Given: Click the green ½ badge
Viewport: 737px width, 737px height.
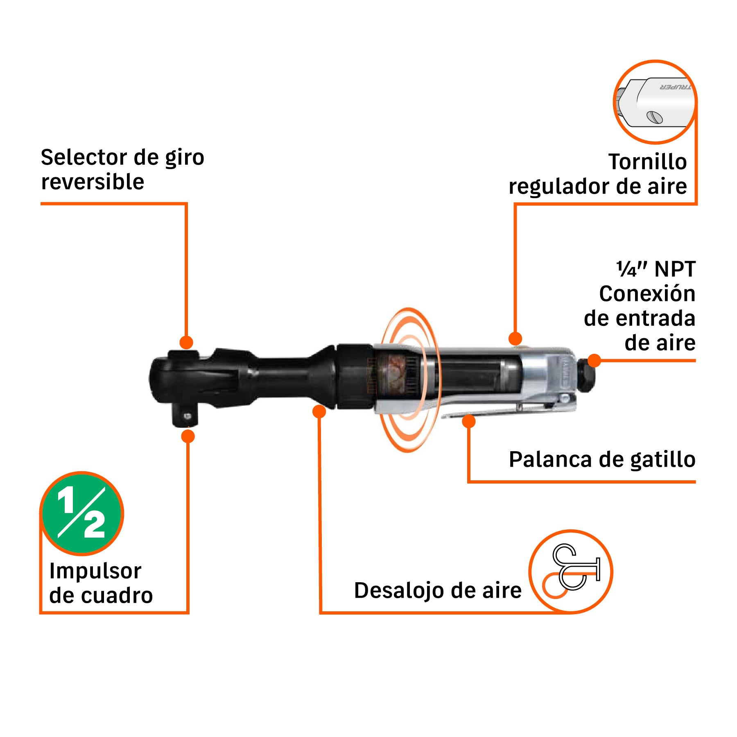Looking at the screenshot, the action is (x=82, y=513).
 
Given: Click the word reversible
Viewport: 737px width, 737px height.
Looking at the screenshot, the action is (x=93, y=182).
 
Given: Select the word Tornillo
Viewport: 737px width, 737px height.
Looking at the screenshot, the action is (x=647, y=162).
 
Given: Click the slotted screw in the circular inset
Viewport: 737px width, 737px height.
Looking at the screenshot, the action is (x=654, y=117).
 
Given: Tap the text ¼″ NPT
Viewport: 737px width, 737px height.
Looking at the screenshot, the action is (x=656, y=269).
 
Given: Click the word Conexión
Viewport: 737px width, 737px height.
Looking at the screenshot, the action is (x=647, y=294).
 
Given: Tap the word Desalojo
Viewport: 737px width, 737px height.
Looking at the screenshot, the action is (x=398, y=590).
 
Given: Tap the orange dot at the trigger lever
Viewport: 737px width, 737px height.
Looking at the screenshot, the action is (x=469, y=421).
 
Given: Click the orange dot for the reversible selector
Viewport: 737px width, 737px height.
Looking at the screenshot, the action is (x=186, y=342).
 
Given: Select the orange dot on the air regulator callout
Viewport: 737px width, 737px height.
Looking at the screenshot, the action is (x=515, y=339).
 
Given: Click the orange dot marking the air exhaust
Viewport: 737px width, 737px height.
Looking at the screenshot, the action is (x=319, y=411).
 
